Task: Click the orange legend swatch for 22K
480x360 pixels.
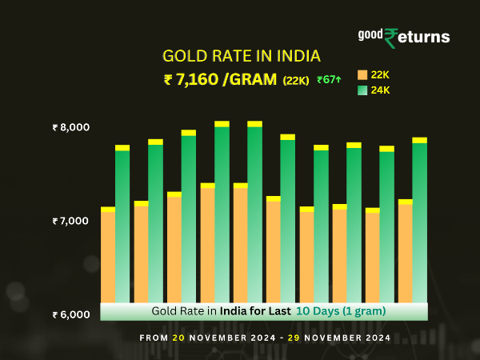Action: (x=362, y=74)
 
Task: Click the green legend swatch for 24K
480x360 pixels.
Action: (x=362, y=90)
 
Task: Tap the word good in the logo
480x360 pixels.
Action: (x=370, y=35)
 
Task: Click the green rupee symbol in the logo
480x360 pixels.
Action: (x=391, y=38)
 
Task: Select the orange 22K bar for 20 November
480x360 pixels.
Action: (x=108, y=256)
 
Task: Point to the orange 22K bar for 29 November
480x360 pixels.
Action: (x=405, y=252)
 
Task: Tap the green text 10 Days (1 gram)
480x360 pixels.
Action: (x=342, y=310)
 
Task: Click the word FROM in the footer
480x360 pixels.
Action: (x=154, y=338)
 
